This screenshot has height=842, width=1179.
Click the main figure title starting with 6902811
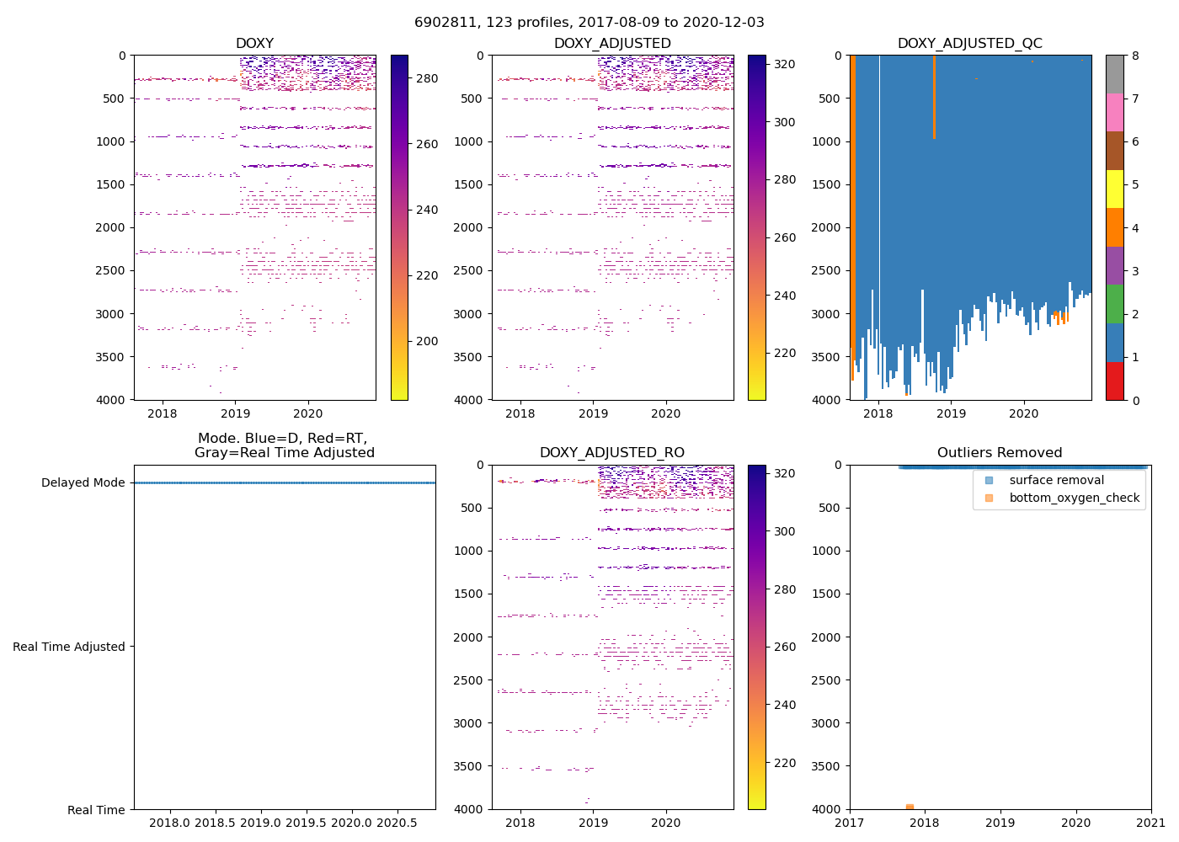pyautogui.click(x=589, y=23)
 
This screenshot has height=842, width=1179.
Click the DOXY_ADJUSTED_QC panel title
pyautogui.click(x=970, y=44)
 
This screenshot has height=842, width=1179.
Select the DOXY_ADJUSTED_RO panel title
pyautogui.click(x=612, y=453)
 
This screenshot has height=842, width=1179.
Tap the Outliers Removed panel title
pyautogui.click(x=1000, y=453)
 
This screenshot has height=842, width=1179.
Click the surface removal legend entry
pyautogui.click(x=1056, y=480)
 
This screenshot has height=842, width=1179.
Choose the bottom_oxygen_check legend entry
pyautogui.click(x=1074, y=498)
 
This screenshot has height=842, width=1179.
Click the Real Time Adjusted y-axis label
pyautogui.click(x=68, y=647)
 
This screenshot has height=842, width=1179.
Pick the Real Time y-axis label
pyautogui.click(x=96, y=810)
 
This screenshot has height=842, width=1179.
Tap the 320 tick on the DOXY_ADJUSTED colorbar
pyautogui.click(x=784, y=64)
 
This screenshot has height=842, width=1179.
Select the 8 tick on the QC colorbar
pyautogui.click(x=1135, y=56)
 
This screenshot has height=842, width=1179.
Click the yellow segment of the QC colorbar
pyautogui.click(x=1114, y=189)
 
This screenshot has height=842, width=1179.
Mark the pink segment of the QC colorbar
pyautogui.click(x=1114, y=113)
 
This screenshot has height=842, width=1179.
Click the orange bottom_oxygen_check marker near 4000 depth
pyautogui.click(x=910, y=807)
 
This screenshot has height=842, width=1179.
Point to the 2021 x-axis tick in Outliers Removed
pyautogui.click(x=1151, y=823)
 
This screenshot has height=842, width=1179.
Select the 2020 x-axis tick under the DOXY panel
pyautogui.click(x=308, y=413)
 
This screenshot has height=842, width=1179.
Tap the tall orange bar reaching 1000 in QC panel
pyautogui.click(x=934, y=97)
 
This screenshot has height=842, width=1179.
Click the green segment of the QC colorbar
pyautogui.click(x=1114, y=304)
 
